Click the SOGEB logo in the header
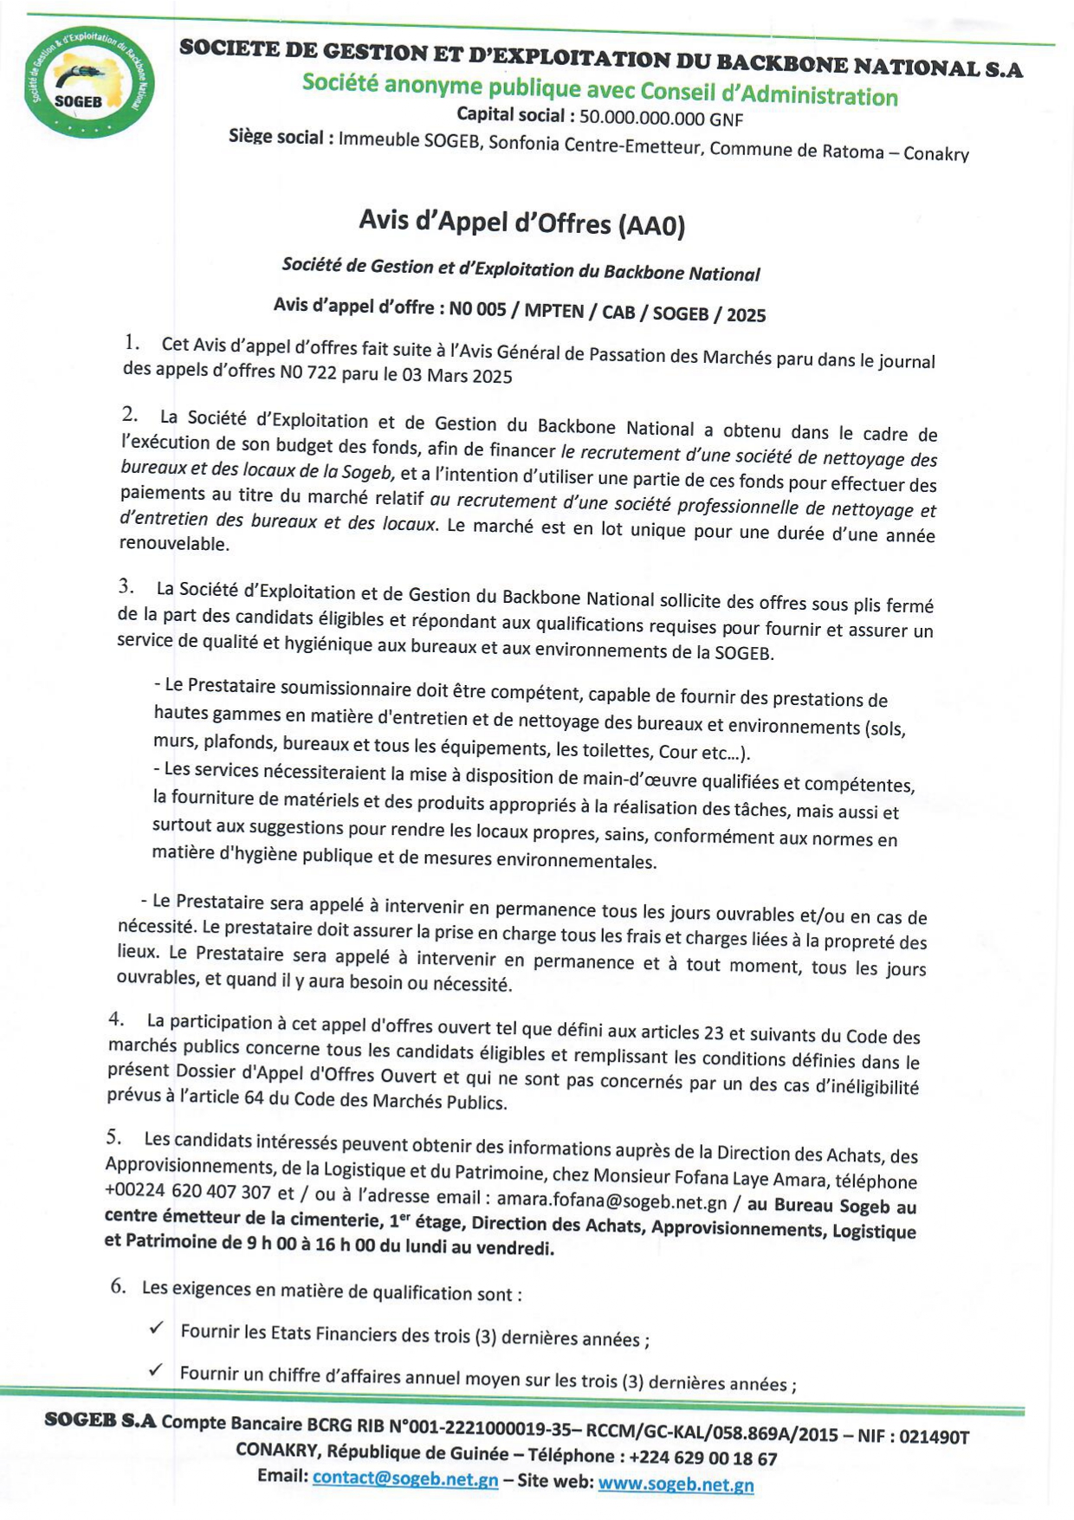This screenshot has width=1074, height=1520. coord(89,82)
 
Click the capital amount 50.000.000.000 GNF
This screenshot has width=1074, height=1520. coord(661,119)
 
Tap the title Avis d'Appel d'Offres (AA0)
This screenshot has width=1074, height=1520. coord(521,223)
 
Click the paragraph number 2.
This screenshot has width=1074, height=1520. coord(129,414)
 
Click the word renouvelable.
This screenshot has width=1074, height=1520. coord(174,544)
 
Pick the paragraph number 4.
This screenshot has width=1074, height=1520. coord(115,1019)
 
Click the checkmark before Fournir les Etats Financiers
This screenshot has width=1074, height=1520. coord(156,1327)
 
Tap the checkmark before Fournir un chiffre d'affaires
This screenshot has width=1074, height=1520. coord(155,1369)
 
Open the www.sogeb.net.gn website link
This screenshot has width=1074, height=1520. coord(676,1484)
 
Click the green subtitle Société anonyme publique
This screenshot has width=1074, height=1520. coord(599,90)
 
